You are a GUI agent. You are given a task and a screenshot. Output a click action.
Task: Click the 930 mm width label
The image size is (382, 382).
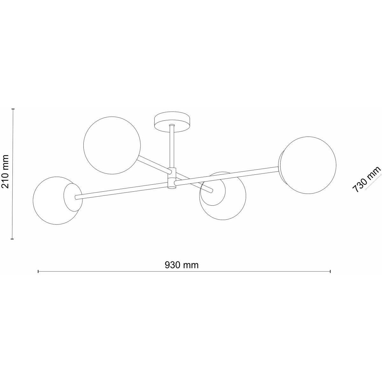181,265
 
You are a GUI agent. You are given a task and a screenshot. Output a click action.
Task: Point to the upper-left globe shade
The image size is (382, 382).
112,145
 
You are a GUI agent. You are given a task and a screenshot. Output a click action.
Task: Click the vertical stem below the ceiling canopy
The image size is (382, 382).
172,146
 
